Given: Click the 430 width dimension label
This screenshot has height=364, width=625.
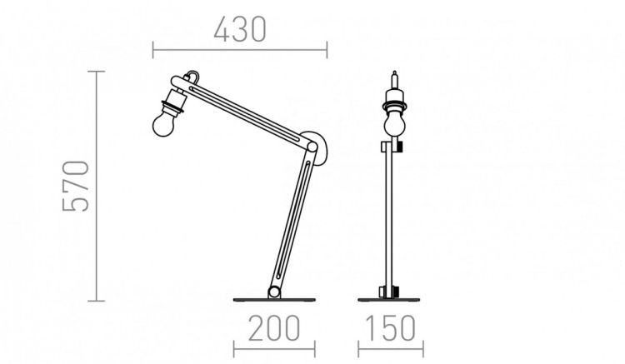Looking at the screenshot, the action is click(x=240, y=29).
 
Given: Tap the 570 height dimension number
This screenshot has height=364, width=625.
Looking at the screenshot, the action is click(x=76, y=186).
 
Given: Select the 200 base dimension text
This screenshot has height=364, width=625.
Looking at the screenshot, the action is click(x=274, y=328).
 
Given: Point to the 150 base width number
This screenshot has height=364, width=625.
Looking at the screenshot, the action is click(x=390, y=328).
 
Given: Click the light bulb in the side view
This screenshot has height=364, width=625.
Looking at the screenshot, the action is click(x=163, y=124).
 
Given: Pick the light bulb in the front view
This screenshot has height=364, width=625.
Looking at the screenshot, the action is click(x=395, y=124).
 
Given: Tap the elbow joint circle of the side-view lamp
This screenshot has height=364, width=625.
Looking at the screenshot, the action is click(x=312, y=147).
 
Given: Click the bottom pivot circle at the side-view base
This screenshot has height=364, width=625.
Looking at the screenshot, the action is click(x=274, y=292).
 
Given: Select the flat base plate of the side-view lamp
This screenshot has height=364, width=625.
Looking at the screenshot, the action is click(x=274, y=300).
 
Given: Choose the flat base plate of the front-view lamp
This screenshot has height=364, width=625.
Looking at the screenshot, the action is click(x=388, y=300).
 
